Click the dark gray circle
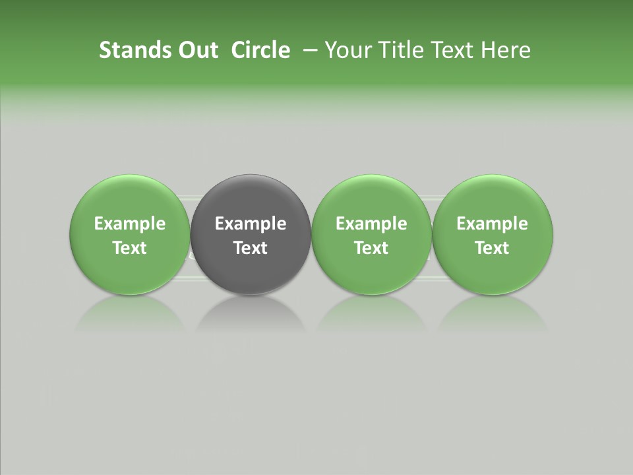(x=251, y=198)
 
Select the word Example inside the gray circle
(x=251, y=224)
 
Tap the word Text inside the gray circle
(x=251, y=248)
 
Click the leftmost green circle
(x=129, y=198)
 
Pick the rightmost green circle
(x=493, y=198)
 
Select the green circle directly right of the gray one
(x=371, y=198)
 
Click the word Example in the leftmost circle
(x=129, y=224)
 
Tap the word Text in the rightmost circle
(x=493, y=248)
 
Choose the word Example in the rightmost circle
(x=493, y=224)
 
